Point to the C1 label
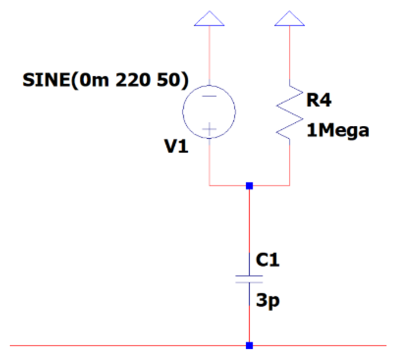(268, 260)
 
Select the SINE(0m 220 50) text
(106, 80)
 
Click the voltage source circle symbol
(209, 112)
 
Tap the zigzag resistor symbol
(290, 112)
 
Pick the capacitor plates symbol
(249, 279)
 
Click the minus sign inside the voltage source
(209, 96)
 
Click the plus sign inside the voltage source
(209, 129)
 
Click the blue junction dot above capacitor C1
(249, 186)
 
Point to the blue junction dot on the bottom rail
(249, 345)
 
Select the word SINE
(47, 80)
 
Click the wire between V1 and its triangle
(209, 55)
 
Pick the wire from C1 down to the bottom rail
(249, 325)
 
